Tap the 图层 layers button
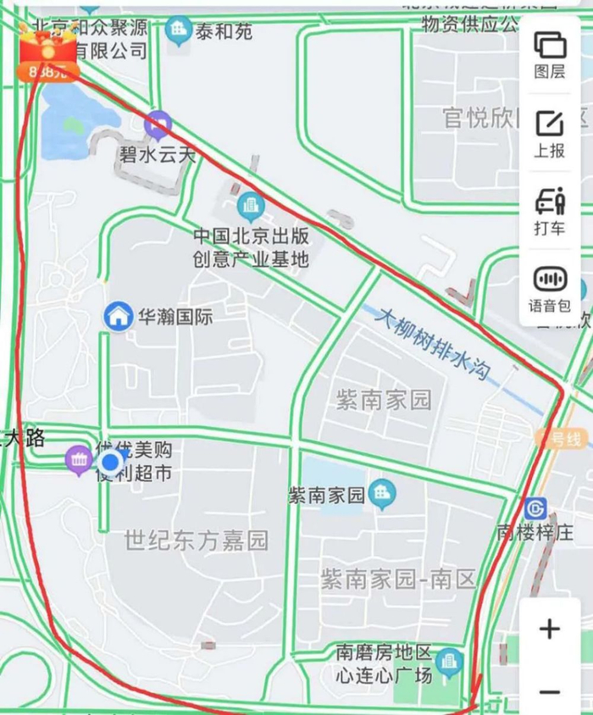(x=550, y=54)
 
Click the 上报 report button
(x=550, y=133)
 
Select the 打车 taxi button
(x=550, y=211)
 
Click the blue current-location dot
(x=111, y=463)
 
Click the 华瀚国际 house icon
(x=119, y=317)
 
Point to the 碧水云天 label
(x=157, y=156)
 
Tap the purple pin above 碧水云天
(x=158, y=126)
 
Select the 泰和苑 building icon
(x=179, y=31)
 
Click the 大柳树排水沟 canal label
(x=434, y=342)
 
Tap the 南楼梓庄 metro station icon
(x=535, y=508)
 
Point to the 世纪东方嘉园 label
(x=196, y=540)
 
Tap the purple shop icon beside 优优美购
(x=79, y=460)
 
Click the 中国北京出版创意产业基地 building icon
(x=250, y=204)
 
